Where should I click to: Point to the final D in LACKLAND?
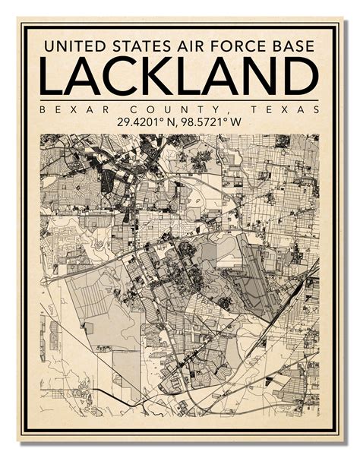click(x=301, y=77)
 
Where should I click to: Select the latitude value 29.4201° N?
click(x=145, y=122)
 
